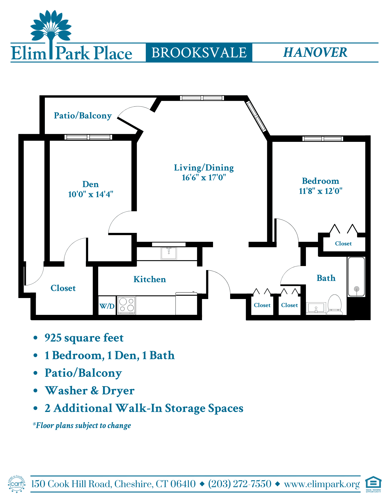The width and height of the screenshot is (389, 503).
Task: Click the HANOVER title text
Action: click(315, 52)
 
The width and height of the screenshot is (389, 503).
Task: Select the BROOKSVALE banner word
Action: click(199, 53)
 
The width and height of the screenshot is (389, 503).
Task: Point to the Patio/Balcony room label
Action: click(83, 115)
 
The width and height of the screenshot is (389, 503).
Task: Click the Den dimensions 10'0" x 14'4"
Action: click(91, 194)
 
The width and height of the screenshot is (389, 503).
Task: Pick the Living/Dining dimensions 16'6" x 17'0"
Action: click(204, 177)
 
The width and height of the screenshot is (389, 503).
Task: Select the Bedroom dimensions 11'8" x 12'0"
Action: click(321, 191)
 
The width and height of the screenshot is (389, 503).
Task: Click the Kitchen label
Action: click(150, 279)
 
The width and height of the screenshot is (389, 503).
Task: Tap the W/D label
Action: click(107, 306)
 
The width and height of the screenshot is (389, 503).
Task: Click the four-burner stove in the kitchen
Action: click(127, 305)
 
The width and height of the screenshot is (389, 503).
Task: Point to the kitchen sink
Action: click(169, 253)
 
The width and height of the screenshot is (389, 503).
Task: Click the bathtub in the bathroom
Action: click(356, 277)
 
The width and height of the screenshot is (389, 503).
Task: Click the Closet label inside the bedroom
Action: click(343, 243)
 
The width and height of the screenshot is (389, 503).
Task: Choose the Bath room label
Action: click(326, 278)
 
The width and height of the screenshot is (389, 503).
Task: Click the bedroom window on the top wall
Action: click(323, 139)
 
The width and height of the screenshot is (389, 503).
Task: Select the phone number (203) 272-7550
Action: click(240, 484)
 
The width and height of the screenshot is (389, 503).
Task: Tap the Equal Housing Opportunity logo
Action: click(373, 484)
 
